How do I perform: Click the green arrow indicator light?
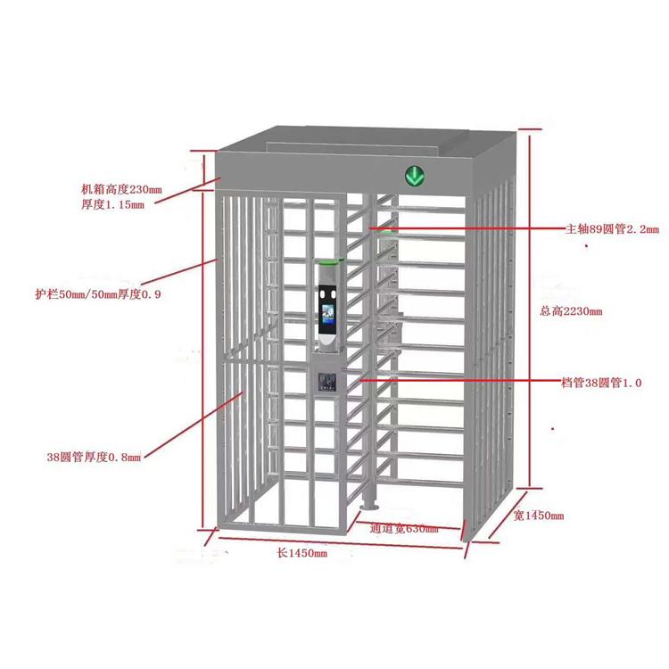(x=415, y=176)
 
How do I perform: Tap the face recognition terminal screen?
(x=328, y=315)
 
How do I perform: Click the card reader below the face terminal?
(x=327, y=381)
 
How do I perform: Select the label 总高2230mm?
(x=571, y=311)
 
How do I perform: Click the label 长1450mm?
(x=302, y=553)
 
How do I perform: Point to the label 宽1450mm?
(x=539, y=516)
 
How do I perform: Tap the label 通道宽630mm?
(x=403, y=529)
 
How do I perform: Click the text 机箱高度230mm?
(x=121, y=189)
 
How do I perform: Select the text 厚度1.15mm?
(x=112, y=204)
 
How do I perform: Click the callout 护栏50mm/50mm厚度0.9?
(x=98, y=294)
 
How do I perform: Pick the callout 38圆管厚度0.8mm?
(x=94, y=457)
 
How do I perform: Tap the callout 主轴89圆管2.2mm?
(x=612, y=229)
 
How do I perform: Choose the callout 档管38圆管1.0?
(x=601, y=383)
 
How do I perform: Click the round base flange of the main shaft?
(x=368, y=507)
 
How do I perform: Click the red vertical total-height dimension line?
(x=530, y=310)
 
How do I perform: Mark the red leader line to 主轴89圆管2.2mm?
(x=467, y=228)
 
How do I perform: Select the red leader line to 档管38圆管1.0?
(x=460, y=379)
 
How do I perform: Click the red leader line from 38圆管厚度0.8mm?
(x=194, y=425)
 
